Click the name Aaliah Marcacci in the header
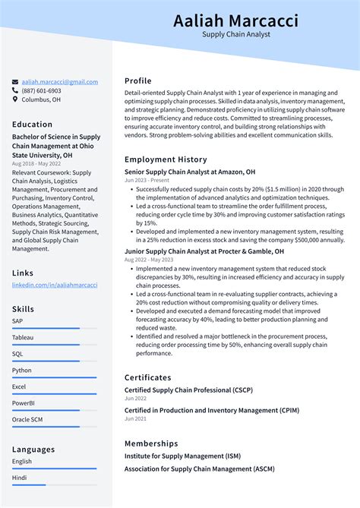[235, 21]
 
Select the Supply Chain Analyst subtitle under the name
[235, 35]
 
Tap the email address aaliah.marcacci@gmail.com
[59, 82]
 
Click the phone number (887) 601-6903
[41, 90]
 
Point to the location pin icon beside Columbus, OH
[15, 99]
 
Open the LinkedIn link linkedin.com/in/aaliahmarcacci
[55, 285]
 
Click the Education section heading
[32, 125]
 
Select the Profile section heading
[138, 81]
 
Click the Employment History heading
[166, 159]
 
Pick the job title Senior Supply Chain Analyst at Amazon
[190, 172]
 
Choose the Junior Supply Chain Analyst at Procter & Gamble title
[204, 251]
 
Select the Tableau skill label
[23, 337]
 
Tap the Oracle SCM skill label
[28, 420]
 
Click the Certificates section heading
[148, 377]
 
